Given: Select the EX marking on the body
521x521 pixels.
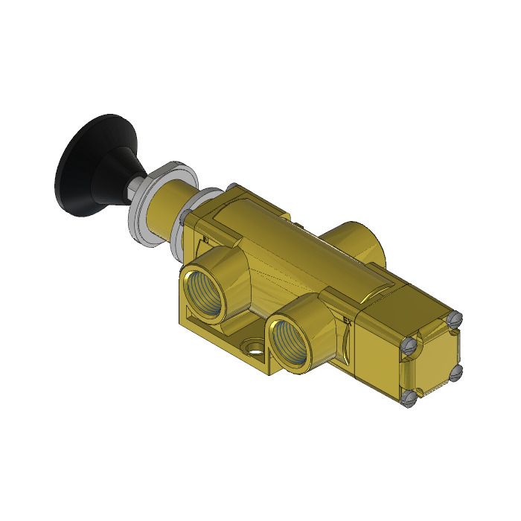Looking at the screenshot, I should click(x=348, y=322).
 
